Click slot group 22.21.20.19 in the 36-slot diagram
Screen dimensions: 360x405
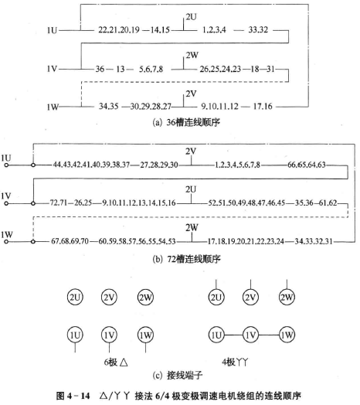point(118,30)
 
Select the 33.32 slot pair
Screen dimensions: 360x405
point(258,29)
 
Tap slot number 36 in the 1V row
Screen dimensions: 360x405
point(100,69)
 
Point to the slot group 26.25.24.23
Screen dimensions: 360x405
point(220,69)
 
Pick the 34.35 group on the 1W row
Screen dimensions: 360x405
point(109,106)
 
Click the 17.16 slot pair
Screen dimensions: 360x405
point(263,106)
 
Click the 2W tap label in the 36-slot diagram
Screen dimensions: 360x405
point(192,55)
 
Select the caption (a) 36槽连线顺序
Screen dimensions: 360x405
point(186,122)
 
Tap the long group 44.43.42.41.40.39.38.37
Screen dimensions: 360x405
point(91,165)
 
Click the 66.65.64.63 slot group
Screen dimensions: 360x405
point(307,165)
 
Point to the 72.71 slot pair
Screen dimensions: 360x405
point(59,202)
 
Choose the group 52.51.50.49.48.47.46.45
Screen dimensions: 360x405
point(246,202)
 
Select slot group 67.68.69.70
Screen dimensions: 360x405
point(70,241)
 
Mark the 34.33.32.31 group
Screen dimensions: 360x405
point(314,241)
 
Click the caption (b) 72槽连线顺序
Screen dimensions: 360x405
point(187,259)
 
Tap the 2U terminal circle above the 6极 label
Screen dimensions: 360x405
point(75,297)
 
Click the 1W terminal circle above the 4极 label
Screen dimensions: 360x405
point(287,335)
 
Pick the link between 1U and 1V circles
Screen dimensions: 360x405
point(233,335)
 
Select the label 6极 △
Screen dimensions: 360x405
point(116,362)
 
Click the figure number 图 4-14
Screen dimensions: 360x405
point(73,396)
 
